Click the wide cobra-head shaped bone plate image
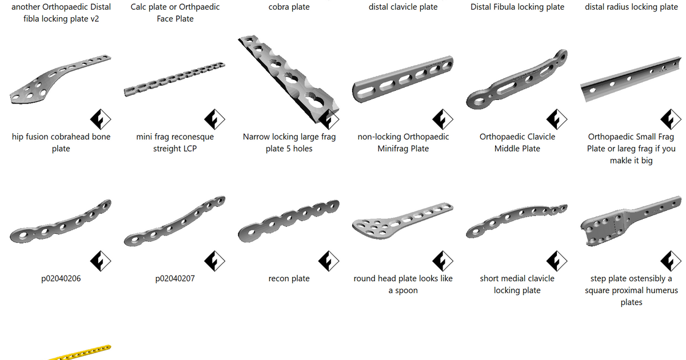coord(57,80)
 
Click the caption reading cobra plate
coord(289,7)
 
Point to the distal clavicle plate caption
coord(403,7)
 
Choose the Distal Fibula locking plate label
coord(517,7)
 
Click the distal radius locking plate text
coord(631,7)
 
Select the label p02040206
coord(61,279)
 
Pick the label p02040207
coord(175,279)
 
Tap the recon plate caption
coord(289,279)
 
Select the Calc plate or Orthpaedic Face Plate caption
coord(175,13)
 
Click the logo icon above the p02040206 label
coord(100,261)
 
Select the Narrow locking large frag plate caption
coord(289,143)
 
